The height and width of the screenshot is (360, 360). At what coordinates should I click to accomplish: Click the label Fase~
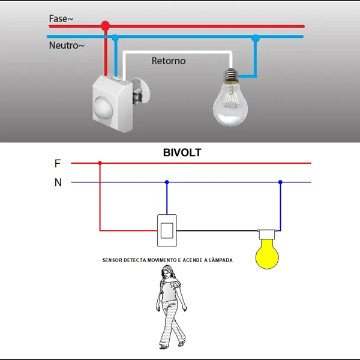(62, 19)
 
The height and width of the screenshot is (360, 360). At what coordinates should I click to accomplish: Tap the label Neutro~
(67, 46)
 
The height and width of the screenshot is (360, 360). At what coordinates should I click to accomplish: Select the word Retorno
(169, 61)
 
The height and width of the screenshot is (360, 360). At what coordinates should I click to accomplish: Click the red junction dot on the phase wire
(106, 26)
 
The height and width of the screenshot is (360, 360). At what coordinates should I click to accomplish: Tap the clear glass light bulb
(230, 104)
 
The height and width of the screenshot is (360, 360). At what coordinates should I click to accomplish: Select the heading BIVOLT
(182, 153)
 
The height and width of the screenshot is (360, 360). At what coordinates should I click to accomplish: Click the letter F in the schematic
(58, 163)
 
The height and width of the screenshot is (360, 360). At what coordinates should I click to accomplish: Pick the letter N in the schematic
(58, 182)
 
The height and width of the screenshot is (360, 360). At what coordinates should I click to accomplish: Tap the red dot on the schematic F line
(100, 163)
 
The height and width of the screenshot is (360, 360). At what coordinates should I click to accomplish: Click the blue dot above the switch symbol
(167, 182)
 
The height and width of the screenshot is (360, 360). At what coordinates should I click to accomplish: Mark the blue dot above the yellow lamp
(280, 182)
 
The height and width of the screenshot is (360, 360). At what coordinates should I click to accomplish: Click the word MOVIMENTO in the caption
(160, 260)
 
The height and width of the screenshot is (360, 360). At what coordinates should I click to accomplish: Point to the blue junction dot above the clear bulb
(255, 38)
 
